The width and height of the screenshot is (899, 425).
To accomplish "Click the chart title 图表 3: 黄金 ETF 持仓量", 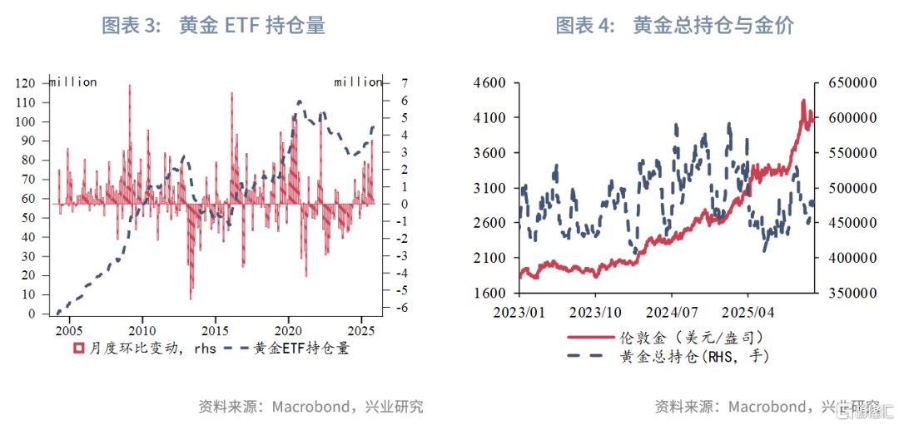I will coord(213,26).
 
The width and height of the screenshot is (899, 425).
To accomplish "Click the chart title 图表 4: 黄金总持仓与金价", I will coord(674,26).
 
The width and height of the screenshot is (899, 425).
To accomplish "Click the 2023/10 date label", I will coord(596,313).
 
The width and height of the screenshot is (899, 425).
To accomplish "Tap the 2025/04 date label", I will coord(748,313).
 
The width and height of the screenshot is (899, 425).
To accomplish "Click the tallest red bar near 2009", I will coord(130,86).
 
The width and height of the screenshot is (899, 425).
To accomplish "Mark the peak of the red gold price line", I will coord(803,100).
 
